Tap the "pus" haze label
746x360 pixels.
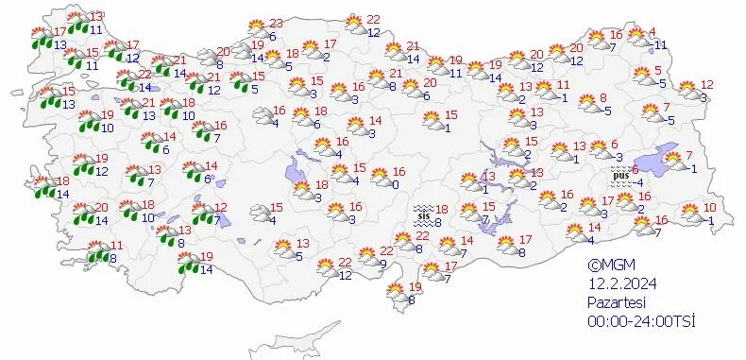620,175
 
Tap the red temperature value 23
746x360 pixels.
277,24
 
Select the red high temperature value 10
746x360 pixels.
710,208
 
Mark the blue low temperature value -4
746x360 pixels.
638,182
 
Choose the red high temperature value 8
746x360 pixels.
603,97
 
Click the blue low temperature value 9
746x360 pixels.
382,264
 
